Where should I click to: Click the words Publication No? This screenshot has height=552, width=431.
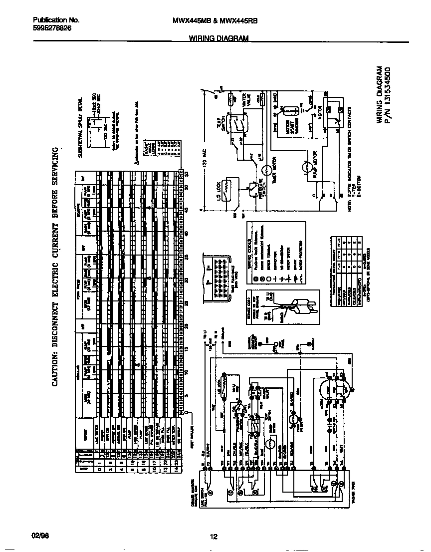click(56, 20)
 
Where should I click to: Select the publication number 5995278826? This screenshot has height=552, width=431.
click(52, 28)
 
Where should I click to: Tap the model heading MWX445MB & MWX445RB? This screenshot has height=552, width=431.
click(215, 21)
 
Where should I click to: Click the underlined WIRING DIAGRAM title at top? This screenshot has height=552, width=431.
click(218, 38)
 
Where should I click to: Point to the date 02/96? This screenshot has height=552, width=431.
click(40, 537)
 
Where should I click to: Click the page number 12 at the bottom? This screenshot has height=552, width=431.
click(214, 537)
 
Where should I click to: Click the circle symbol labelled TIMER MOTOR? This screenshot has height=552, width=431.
click(266, 170)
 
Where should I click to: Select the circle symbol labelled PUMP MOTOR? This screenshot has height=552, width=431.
click(305, 169)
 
